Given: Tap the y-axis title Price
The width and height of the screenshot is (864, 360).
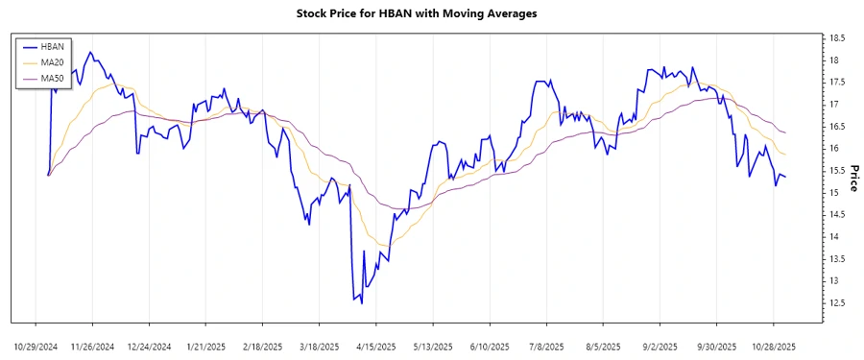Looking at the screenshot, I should (x=852, y=178).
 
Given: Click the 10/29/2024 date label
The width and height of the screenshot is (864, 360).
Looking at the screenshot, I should (x=36, y=346).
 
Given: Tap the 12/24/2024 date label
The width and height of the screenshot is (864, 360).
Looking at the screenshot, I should (x=149, y=346).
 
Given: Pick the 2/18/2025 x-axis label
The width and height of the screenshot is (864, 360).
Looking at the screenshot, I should (x=262, y=346).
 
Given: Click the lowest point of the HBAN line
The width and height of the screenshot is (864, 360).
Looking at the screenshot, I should (x=361, y=304).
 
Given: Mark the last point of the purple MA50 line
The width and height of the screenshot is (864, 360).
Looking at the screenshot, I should (x=786, y=132).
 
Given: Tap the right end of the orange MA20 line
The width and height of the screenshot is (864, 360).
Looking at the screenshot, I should (x=786, y=155).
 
